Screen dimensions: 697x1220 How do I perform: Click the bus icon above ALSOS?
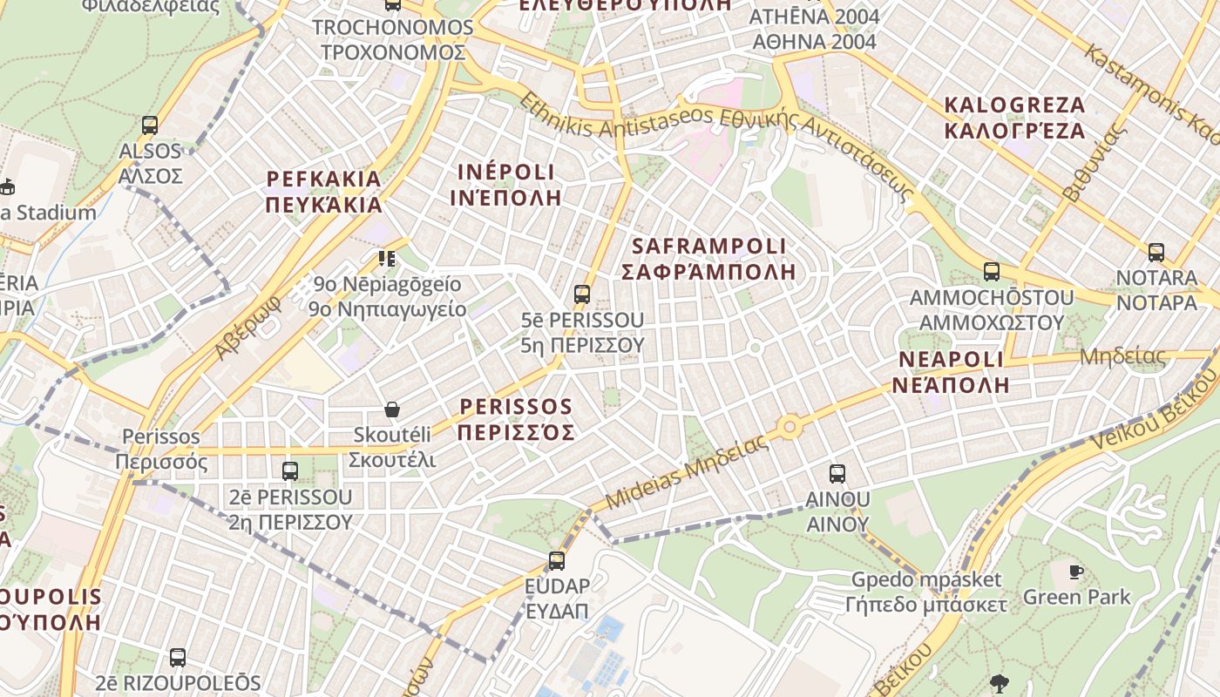(150, 125)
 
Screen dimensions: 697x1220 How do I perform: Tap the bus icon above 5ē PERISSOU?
(582, 294)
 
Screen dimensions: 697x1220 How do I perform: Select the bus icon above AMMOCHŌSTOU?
(992, 272)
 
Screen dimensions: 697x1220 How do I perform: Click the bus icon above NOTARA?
(1156, 253)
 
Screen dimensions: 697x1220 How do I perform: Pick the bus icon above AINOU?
(837, 474)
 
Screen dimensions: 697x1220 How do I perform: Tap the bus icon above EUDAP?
(557, 560)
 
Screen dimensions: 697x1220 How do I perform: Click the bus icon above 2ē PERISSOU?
(290, 471)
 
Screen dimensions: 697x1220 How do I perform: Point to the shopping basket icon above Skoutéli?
(392, 409)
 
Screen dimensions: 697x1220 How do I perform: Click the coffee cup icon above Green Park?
(1076, 572)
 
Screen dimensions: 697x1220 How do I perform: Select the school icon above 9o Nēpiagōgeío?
(387, 258)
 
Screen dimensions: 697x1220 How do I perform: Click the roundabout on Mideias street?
(790, 427)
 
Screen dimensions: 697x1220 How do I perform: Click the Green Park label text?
(1076, 597)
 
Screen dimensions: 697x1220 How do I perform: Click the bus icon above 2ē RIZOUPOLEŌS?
(178, 658)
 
